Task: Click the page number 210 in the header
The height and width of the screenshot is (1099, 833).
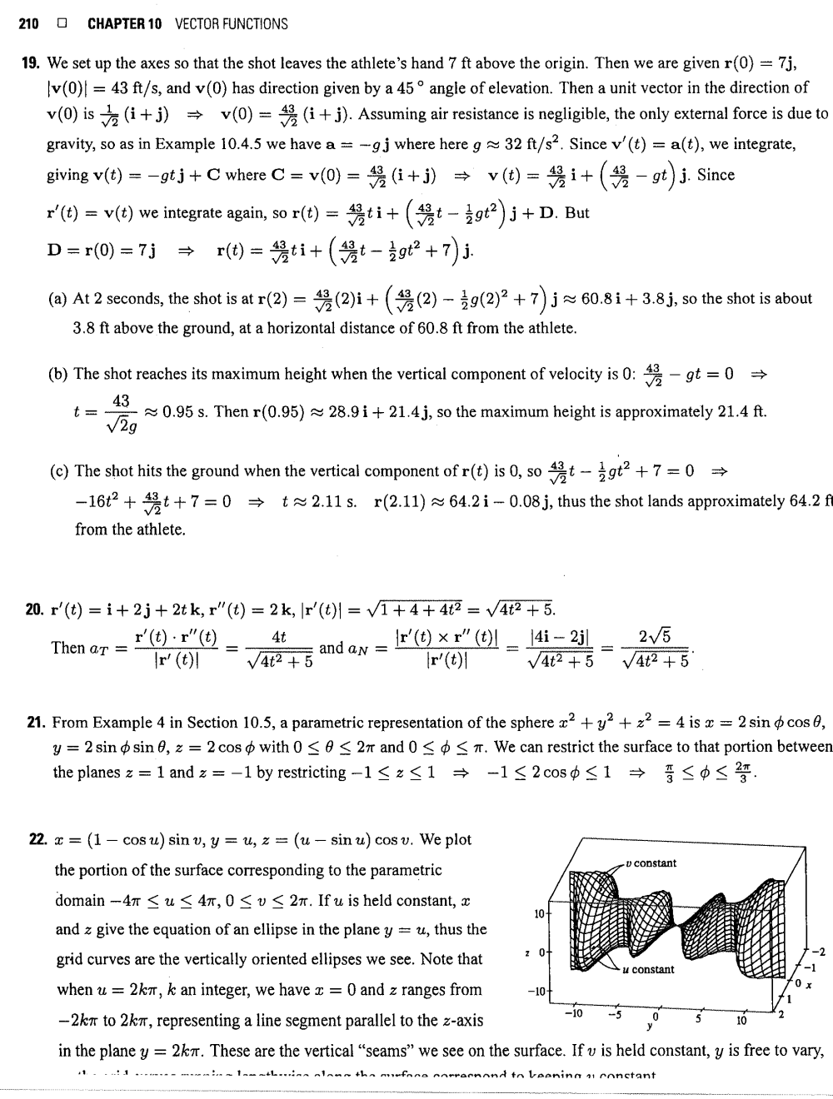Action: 30,24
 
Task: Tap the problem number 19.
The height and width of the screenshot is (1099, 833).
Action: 32,63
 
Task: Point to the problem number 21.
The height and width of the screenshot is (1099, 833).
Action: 32,723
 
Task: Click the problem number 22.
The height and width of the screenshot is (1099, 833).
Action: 32,840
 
